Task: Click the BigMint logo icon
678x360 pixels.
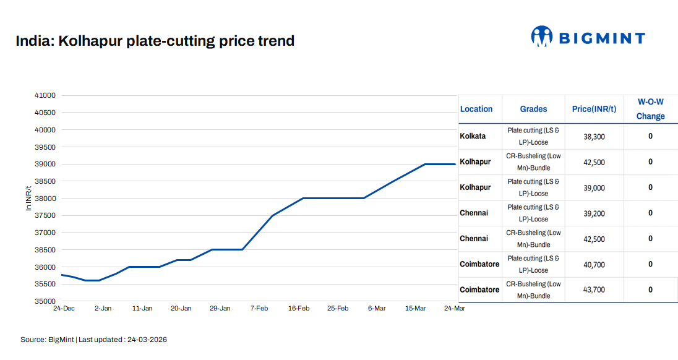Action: point(541,36)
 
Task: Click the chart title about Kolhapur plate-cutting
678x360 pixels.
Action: point(155,41)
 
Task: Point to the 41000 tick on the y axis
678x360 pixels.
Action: point(45,95)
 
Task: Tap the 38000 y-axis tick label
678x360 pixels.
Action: point(45,199)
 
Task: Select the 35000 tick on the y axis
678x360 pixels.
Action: point(45,301)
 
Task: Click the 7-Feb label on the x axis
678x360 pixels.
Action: point(259,308)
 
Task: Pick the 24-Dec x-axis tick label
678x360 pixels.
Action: point(64,308)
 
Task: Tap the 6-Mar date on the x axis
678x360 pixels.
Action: point(377,308)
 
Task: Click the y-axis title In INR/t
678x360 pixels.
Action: point(28,199)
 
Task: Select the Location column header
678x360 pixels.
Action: point(476,109)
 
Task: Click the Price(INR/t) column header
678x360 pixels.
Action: point(594,109)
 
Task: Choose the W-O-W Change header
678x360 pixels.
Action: point(650,109)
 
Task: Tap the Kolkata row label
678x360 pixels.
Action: point(473,136)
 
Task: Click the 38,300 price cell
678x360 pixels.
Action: point(594,137)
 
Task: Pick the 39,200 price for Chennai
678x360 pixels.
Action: point(594,213)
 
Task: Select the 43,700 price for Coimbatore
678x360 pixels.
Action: point(594,290)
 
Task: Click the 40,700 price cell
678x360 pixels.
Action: point(594,265)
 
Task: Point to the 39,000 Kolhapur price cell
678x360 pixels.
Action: point(594,188)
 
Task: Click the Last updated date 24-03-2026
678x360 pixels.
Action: point(147,340)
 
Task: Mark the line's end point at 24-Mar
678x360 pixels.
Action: point(455,164)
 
